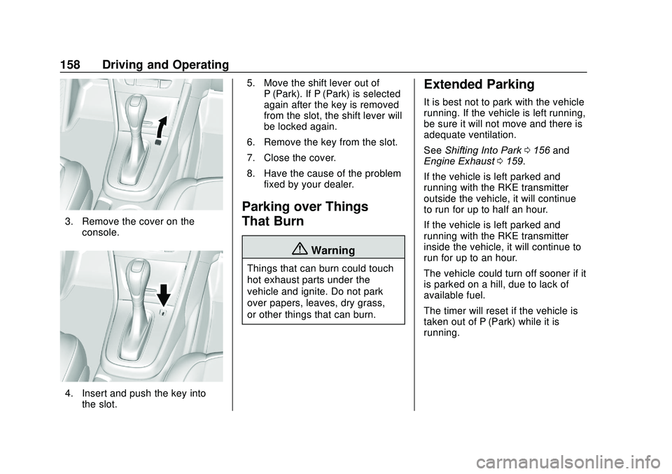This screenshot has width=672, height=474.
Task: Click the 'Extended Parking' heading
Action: pos(479,85)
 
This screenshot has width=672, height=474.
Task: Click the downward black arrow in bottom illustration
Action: pos(164,296)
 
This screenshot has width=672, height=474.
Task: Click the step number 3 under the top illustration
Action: pos(68,222)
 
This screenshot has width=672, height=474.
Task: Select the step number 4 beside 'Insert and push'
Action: pos(68,393)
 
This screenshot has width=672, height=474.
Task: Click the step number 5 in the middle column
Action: pos(250,83)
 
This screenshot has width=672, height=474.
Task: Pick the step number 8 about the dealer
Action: pos(250,173)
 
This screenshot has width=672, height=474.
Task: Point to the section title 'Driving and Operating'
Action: pos(165,65)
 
